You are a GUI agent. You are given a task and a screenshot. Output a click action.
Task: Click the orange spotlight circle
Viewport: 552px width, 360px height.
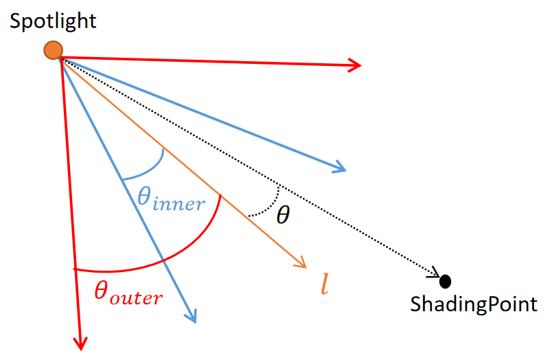coord(53,50)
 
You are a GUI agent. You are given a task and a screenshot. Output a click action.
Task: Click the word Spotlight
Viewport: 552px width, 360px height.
coord(53,21)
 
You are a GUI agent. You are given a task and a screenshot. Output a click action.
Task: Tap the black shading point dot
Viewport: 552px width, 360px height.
coord(446,281)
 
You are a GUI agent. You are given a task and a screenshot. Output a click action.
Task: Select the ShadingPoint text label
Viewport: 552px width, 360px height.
coord(474,304)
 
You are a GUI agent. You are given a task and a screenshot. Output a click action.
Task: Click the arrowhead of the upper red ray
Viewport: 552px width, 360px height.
coord(356,65)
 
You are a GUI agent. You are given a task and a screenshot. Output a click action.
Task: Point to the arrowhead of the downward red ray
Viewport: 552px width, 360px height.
coord(80,344)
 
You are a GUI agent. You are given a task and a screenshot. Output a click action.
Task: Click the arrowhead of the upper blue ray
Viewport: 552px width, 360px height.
coord(340,168)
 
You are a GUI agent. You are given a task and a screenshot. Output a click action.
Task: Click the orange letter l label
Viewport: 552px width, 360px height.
coord(325,284)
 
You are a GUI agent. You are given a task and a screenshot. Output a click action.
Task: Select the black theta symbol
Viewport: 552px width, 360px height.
coord(283,215)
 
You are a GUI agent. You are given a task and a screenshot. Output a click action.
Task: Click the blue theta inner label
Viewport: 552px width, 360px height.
coord(171,199)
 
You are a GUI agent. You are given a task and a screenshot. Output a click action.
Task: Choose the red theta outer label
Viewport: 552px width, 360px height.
coord(128,293)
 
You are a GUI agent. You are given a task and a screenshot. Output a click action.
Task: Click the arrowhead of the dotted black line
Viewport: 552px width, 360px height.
coord(435,272)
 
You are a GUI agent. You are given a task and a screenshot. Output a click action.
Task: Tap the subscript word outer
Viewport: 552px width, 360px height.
coord(136,298)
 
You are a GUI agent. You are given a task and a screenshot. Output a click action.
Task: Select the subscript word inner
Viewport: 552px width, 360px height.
coord(179,203)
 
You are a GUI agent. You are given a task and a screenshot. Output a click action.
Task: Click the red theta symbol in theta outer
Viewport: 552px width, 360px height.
coord(101,291)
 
